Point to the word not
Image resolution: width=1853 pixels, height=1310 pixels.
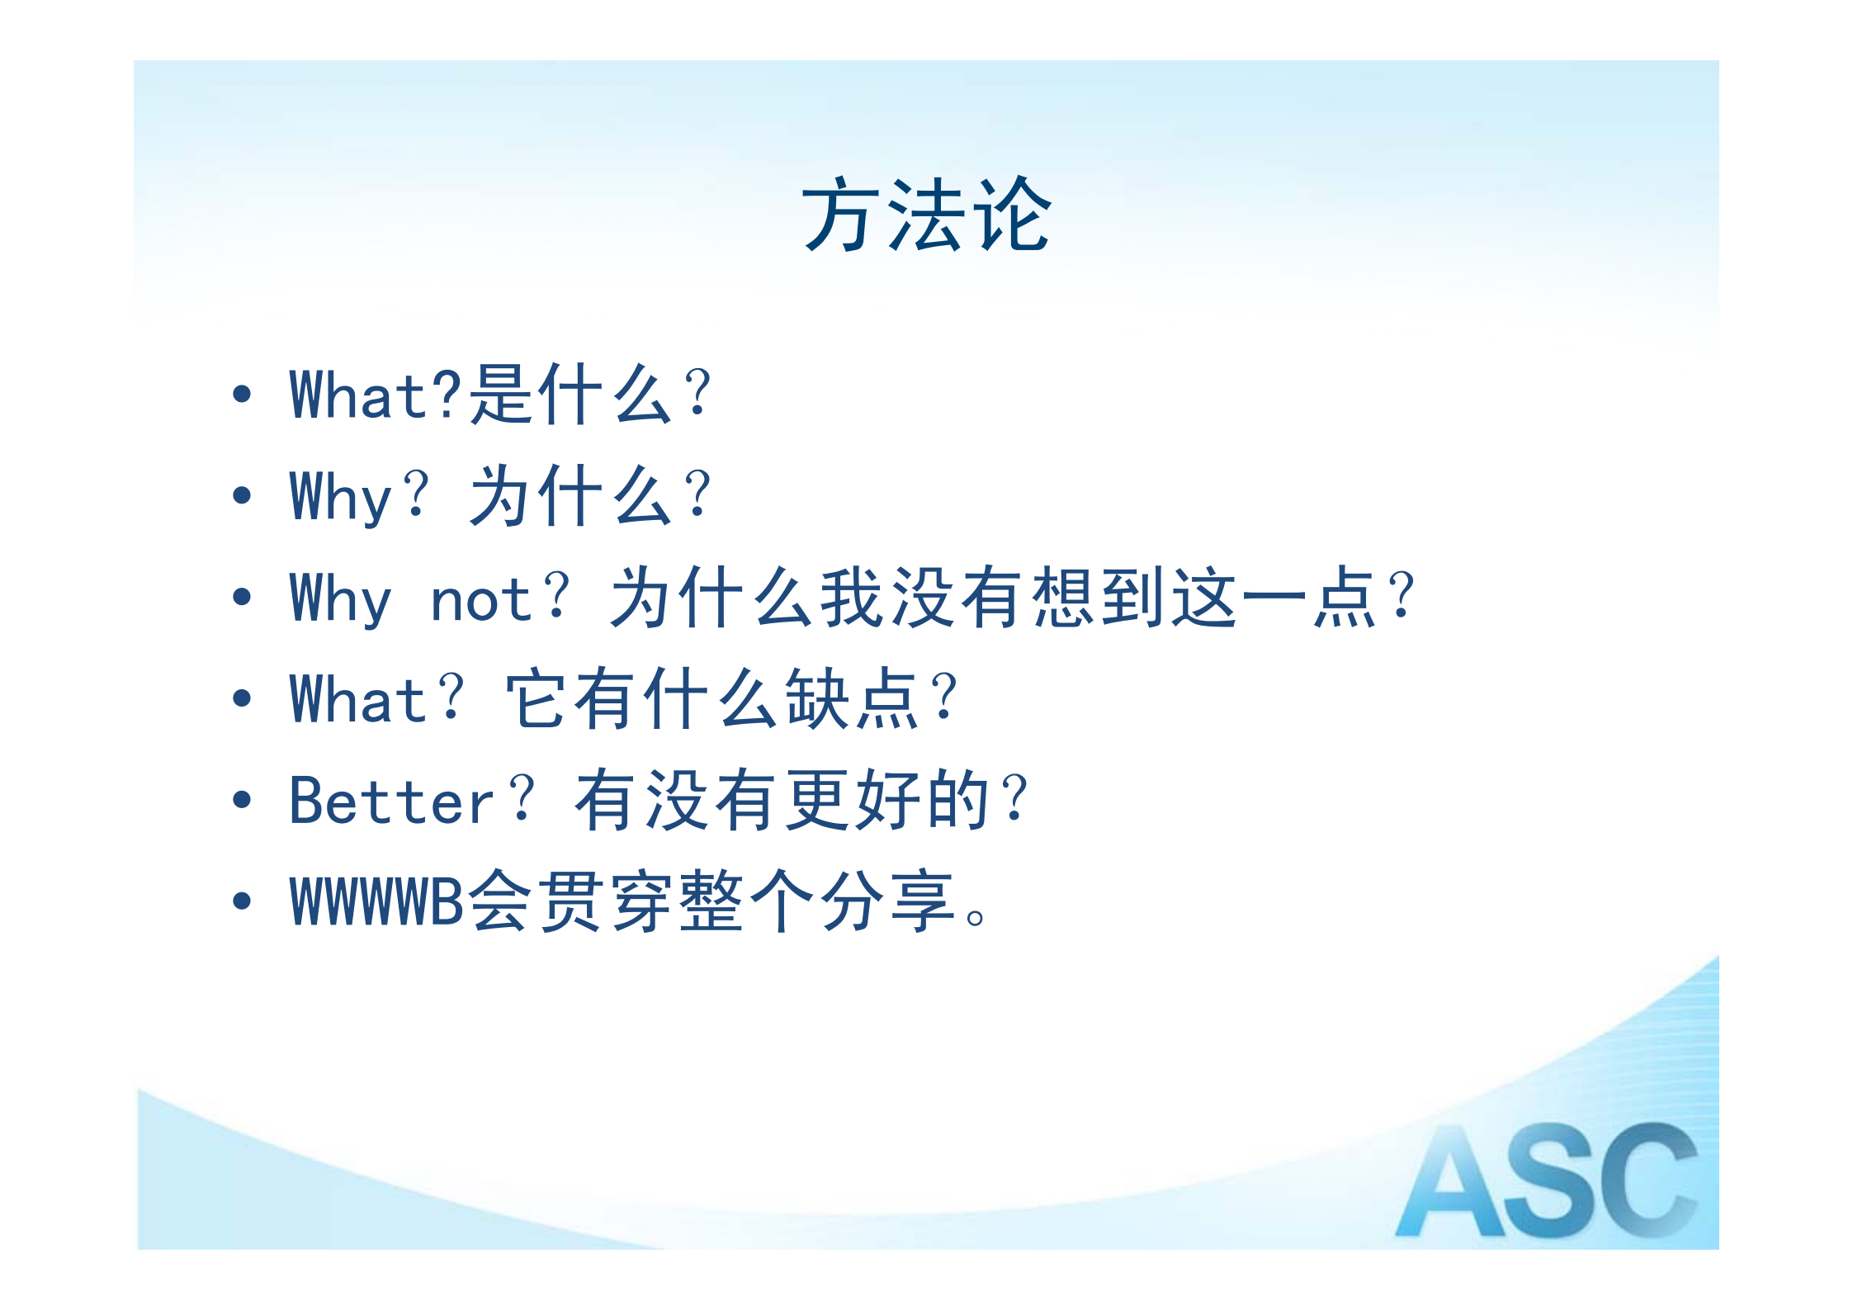click(x=481, y=599)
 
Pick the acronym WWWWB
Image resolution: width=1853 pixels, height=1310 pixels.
click(x=377, y=901)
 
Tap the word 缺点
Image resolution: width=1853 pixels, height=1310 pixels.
click(x=853, y=699)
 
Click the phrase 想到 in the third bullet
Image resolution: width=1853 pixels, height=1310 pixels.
click(x=1100, y=598)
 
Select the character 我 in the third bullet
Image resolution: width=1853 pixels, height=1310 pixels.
click(x=853, y=598)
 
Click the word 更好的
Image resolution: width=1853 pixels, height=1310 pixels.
click(x=888, y=800)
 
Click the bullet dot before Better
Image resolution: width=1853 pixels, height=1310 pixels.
click(x=242, y=799)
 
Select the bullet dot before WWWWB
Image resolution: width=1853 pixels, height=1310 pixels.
click(x=242, y=901)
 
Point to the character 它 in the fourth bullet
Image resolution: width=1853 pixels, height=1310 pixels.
click(x=537, y=699)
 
